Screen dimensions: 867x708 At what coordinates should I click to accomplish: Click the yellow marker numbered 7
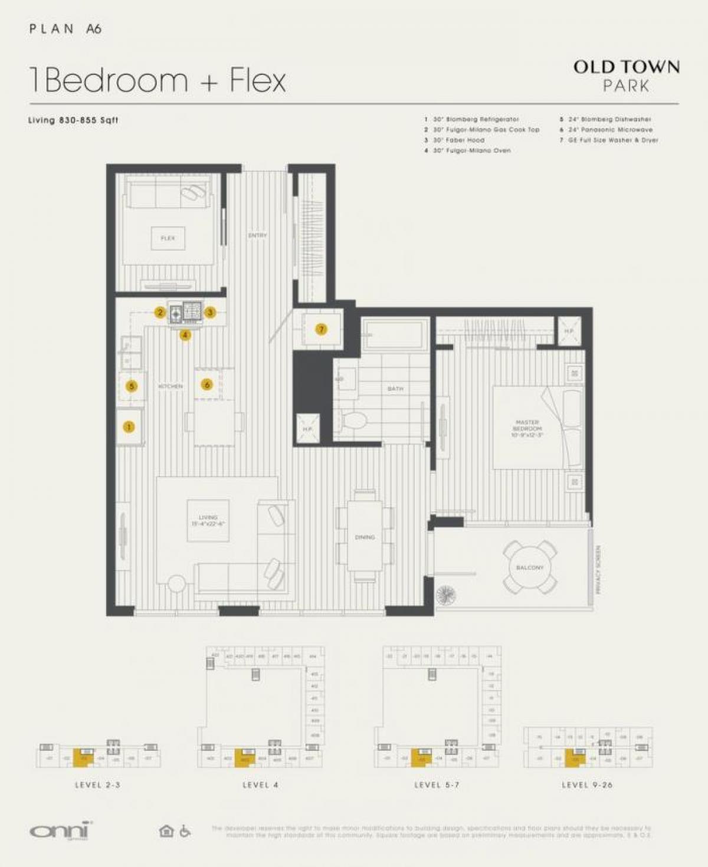tap(322, 329)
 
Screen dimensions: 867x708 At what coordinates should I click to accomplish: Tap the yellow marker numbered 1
tap(129, 426)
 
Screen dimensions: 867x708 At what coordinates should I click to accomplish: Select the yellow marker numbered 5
tap(132, 386)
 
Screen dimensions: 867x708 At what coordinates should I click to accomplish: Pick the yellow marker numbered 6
tap(207, 385)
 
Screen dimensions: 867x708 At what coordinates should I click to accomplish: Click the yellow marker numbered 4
tap(185, 335)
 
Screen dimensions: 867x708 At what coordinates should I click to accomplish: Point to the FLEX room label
tap(168, 238)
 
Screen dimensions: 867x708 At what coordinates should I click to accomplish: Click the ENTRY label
tap(258, 235)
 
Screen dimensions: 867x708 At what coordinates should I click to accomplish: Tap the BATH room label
tap(395, 389)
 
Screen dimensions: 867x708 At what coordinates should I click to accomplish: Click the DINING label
tap(365, 537)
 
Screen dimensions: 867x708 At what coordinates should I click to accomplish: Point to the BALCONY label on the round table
tap(529, 567)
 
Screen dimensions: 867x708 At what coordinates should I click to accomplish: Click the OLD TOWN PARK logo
tap(626, 75)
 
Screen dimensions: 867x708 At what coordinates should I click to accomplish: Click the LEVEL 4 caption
tap(260, 785)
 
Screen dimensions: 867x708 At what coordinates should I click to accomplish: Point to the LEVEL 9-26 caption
tap(587, 785)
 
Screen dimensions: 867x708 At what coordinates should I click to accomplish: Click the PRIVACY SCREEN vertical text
tap(598, 569)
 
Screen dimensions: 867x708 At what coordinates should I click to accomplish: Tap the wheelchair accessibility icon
tap(185, 831)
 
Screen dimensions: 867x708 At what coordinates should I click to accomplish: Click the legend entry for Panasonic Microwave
tap(610, 130)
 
